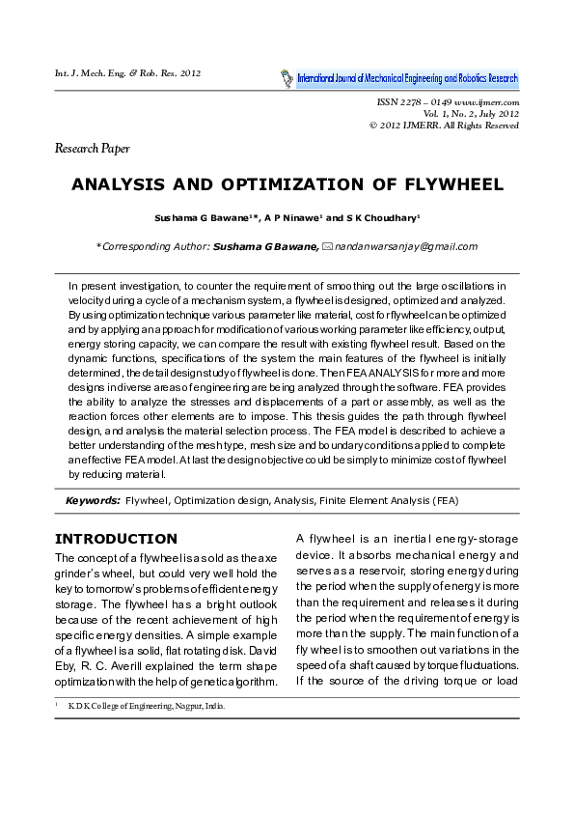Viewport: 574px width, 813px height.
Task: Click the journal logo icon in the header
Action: [x=287, y=76]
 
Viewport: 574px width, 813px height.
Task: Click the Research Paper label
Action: [x=92, y=149]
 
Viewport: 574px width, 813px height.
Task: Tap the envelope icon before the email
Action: [x=327, y=246]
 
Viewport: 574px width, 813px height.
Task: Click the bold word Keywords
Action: [x=93, y=501]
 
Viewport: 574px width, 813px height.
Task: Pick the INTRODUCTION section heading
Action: [x=116, y=539]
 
